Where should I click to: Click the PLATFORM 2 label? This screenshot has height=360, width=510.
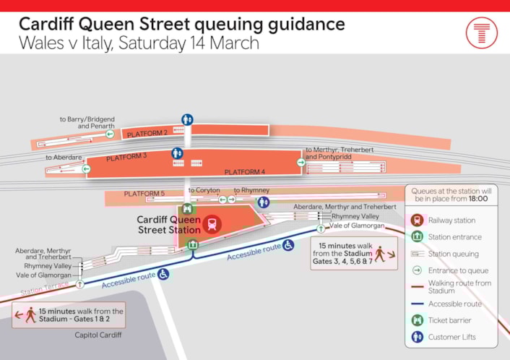point(147,134)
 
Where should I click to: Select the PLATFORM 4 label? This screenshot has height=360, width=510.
point(244,171)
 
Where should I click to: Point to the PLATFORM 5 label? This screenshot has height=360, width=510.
point(144,194)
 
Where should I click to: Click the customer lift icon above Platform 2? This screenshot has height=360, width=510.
point(188,119)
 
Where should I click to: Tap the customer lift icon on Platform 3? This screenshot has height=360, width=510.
point(177,153)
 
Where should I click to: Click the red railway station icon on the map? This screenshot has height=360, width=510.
point(212,223)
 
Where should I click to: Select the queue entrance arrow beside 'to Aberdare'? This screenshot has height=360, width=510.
point(86,169)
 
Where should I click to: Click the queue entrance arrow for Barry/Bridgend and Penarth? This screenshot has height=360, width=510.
point(109,133)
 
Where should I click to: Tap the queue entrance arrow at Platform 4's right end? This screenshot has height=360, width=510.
point(301,163)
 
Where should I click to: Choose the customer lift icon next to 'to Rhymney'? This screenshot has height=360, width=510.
point(264,202)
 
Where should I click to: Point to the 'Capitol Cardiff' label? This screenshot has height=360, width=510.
point(98,335)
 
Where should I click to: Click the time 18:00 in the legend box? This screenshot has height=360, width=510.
point(477,200)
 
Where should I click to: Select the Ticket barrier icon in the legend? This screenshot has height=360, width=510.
point(417,320)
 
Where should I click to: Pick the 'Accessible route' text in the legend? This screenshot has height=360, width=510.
point(454,304)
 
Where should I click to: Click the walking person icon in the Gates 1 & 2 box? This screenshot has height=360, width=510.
point(31,315)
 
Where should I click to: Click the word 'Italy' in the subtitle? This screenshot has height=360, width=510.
point(109,43)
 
